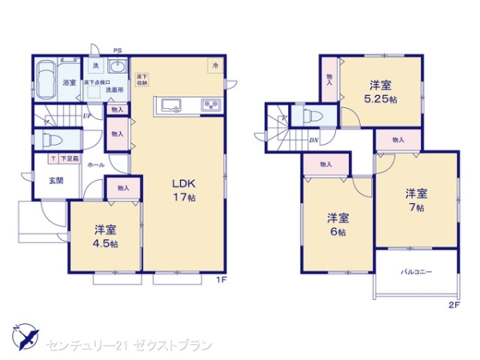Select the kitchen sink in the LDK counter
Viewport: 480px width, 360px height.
click(x=172, y=104)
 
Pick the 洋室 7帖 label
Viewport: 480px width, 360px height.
click(x=414, y=200)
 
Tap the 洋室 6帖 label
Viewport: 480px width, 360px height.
click(x=336, y=224)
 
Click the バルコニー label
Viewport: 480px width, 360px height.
click(x=416, y=273)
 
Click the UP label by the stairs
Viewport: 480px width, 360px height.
click(x=86, y=115)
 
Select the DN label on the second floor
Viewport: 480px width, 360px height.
click(x=314, y=140)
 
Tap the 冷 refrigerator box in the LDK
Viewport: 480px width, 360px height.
click(x=215, y=65)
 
